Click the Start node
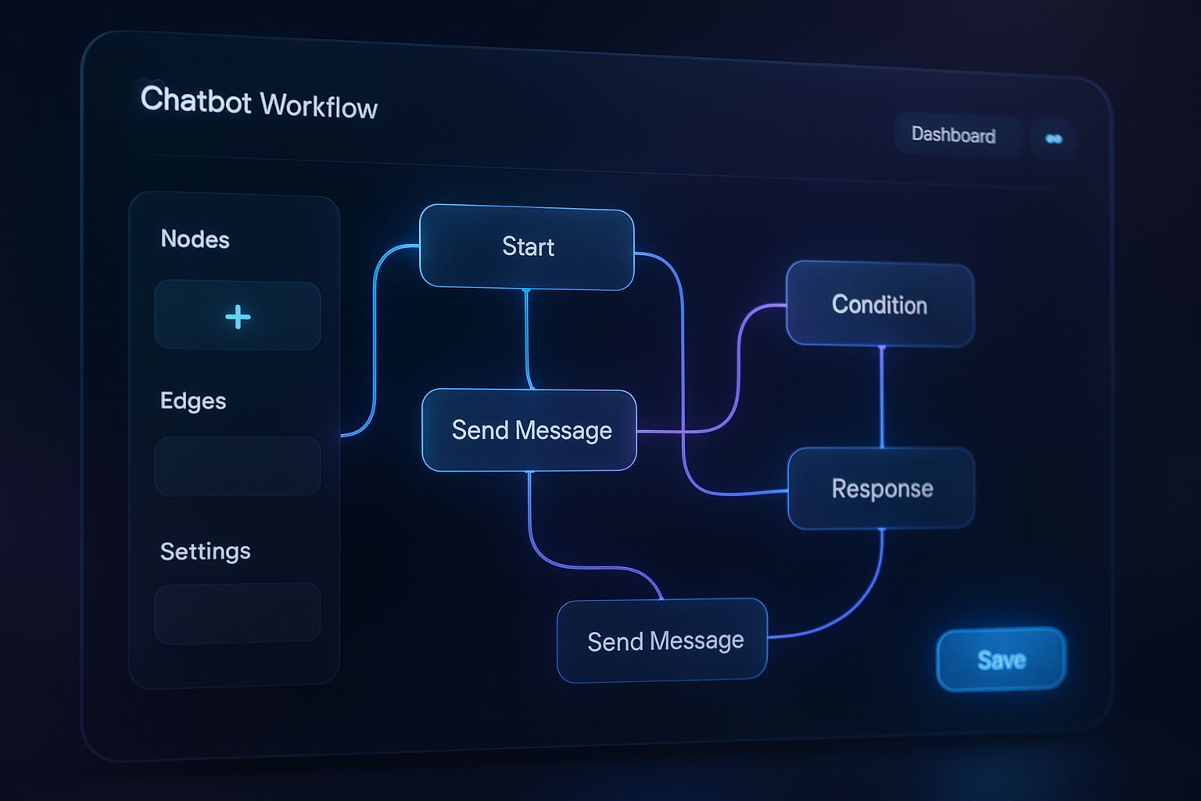tap(527, 247)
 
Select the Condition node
tap(880, 304)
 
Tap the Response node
tap(881, 488)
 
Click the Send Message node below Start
tap(530, 430)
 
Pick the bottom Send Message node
tap(663, 641)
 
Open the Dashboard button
tap(954, 135)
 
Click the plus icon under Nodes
tap(238, 317)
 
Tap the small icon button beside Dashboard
tap(1053, 139)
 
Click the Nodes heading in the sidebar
tap(195, 239)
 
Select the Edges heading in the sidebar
tap(193, 401)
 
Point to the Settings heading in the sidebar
tap(205, 551)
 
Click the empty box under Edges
tap(237, 466)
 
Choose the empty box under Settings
tap(237, 613)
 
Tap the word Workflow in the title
tap(318, 106)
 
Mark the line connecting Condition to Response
tap(882, 397)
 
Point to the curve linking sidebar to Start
tap(375, 336)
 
